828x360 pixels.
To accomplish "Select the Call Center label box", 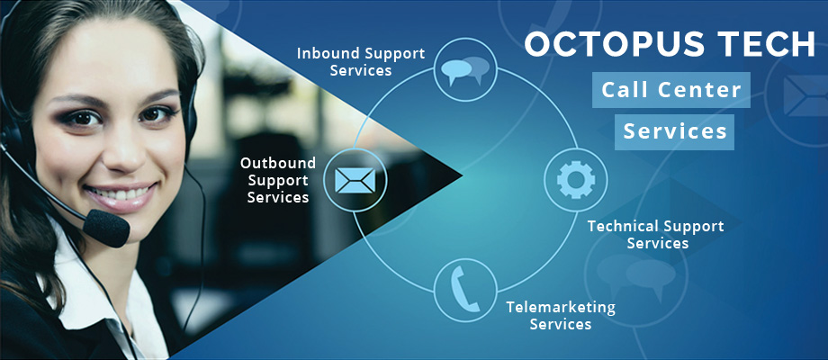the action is (670, 90).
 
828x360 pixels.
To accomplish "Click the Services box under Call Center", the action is (674, 132).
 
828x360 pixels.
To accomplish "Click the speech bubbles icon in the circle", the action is (465, 70).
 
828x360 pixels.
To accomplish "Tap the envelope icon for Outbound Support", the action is (355, 181).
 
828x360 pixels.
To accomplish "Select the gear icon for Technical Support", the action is (576, 180).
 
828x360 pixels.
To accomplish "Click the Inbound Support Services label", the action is (361, 62).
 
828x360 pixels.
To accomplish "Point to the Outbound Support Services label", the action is (278, 180).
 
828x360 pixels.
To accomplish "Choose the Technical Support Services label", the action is (656, 234).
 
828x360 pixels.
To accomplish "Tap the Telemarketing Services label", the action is (561, 315).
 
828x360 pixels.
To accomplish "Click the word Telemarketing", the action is (561, 308).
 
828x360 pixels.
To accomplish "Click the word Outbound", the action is (278, 163).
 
